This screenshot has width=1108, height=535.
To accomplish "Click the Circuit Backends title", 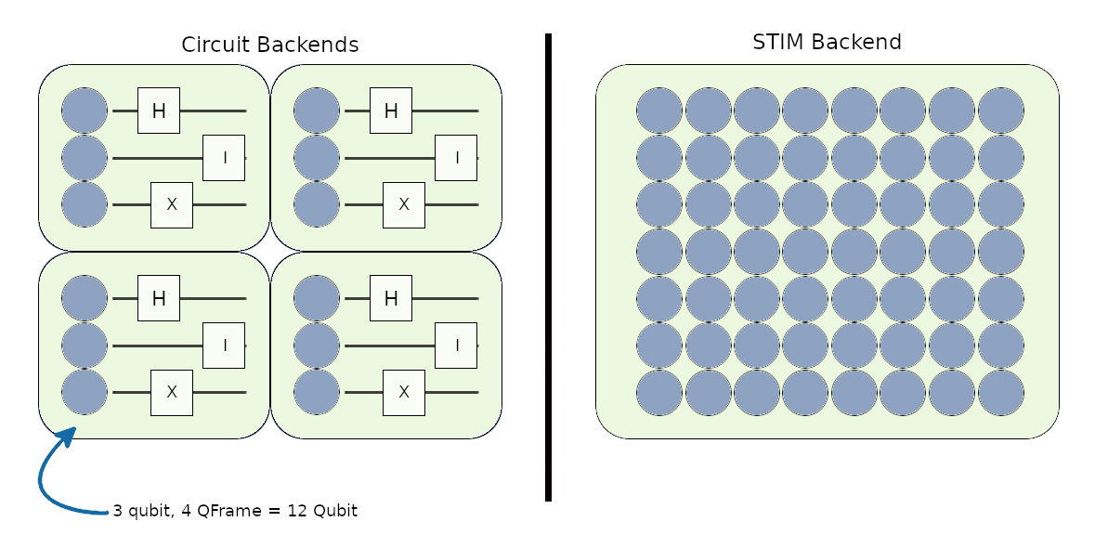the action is [x=270, y=45].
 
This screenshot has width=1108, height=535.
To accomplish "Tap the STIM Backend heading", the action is [x=827, y=42].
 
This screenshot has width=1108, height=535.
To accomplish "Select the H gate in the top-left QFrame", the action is [x=159, y=111].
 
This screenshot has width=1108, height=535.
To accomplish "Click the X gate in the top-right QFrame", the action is [x=404, y=205].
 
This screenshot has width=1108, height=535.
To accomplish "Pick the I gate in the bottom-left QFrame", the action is [x=224, y=346].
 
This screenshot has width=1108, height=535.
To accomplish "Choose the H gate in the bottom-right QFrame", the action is [x=391, y=298].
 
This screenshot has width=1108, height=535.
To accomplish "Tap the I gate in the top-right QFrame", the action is [x=456, y=158].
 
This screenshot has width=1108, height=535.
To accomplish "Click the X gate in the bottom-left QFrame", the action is [x=172, y=392].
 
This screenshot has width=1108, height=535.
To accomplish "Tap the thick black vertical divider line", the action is [x=548, y=267].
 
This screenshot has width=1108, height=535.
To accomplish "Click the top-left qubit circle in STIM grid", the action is [x=659, y=111].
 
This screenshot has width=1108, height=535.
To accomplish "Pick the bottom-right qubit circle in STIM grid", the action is [x=1001, y=392].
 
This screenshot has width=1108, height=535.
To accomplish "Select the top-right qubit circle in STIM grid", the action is [x=1001, y=111].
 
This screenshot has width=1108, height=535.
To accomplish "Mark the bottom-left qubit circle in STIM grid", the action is [x=659, y=392].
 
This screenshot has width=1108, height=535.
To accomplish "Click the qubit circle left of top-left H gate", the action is [x=85, y=111].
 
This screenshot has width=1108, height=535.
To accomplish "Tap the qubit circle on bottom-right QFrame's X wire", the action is [x=317, y=392].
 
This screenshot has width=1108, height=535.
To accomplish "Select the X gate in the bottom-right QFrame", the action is [x=404, y=392].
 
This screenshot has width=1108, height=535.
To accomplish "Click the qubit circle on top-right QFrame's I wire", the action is [x=317, y=158].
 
